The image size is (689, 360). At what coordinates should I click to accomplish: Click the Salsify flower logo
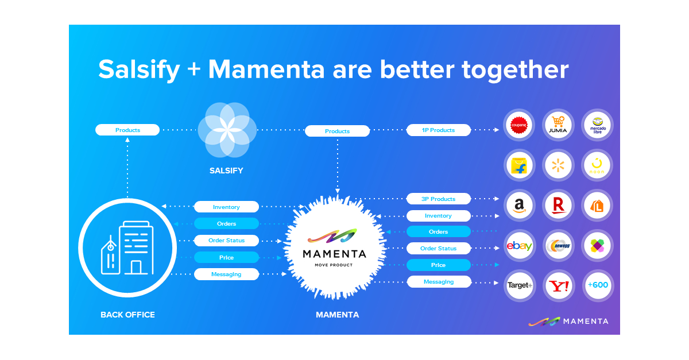coord(223,129)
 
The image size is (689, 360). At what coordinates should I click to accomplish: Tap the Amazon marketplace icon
coord(520,205)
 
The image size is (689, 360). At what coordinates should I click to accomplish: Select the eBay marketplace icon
coord(520,246)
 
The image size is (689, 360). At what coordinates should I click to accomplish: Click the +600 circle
coord(598,285)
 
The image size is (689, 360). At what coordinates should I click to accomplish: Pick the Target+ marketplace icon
coord(520,285)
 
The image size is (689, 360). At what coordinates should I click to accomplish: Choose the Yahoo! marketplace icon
coord(559,285)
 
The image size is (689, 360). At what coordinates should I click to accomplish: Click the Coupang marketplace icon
coord(520,125)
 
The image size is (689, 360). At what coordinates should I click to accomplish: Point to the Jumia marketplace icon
coord(559,125)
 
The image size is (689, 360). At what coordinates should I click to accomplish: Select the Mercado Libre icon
coord(598,125)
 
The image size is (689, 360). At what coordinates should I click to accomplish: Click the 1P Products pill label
coord(439,130)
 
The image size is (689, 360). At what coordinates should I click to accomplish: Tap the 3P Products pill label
coord(439,199)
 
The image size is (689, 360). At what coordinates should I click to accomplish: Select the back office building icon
coord(126,247)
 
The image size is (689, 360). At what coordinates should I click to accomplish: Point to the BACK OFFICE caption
coord(127,315)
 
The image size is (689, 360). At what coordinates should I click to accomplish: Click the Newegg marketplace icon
coord(559,246)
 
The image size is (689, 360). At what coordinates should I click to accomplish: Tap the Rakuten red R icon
coord(559,205)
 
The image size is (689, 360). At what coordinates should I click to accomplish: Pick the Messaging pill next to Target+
coord(439,282)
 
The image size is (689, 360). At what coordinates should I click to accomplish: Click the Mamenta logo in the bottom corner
coord(568,321)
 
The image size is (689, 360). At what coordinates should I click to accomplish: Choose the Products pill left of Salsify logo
coord(127,130)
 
